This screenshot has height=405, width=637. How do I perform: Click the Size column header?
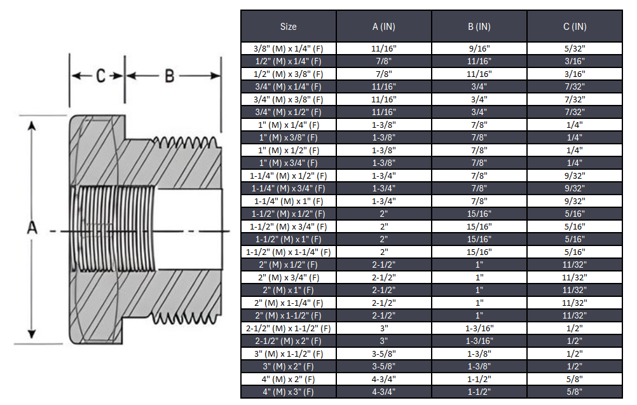coord(288,27)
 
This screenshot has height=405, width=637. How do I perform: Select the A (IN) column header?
coord(383,27)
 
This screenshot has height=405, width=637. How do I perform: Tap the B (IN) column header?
coord(479,27)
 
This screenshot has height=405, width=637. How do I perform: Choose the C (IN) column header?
coord(575,27)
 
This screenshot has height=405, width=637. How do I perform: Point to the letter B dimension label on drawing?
coord(170,76)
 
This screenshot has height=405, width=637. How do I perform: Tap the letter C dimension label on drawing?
coord(100,76)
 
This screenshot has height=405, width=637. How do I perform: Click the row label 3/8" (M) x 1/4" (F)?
coord(288,48)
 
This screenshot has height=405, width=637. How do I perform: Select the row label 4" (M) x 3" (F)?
coord(288,392)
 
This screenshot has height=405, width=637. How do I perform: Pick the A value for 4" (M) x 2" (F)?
coord(383,379)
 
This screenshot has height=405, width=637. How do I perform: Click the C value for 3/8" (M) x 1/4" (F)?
coord(575,48)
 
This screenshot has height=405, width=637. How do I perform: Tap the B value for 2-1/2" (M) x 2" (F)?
coord(479,341)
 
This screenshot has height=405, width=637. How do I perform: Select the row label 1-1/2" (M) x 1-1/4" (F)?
coord(288,252)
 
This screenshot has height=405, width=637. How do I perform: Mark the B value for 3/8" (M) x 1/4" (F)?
coord(479,48)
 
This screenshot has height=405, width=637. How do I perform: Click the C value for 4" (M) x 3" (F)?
coord(575,392)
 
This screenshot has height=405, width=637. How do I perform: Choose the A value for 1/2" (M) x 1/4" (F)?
coord(383,61)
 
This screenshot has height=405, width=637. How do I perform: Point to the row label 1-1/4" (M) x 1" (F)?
coord(288,201)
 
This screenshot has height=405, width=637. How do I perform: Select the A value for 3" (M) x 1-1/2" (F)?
coord(383,354)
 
